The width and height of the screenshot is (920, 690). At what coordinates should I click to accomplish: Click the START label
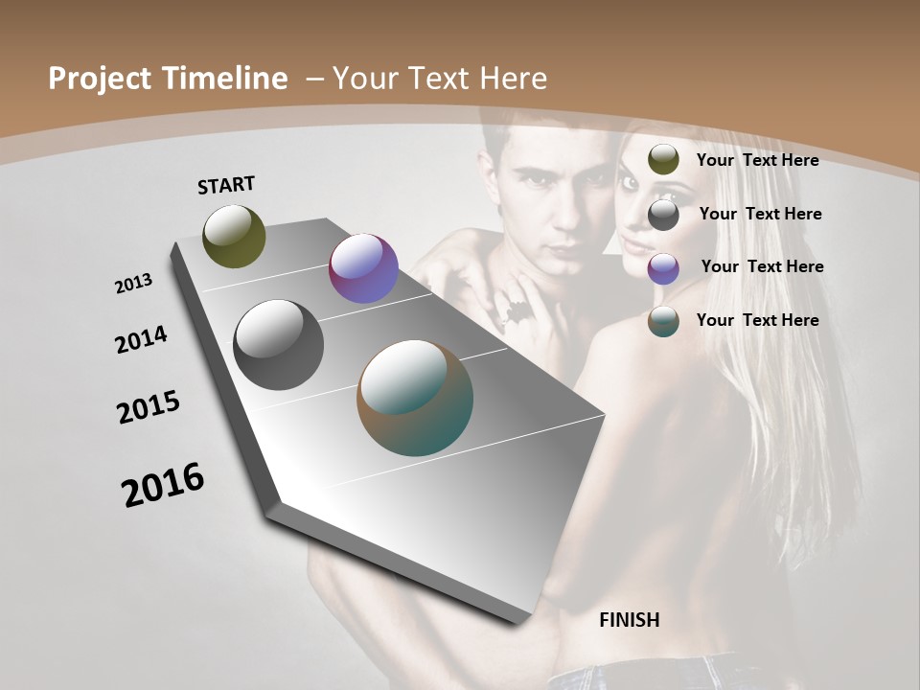click(226, 185)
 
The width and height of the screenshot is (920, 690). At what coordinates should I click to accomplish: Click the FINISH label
click(629, 620)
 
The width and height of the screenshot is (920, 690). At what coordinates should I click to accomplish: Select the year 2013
click(133, 284)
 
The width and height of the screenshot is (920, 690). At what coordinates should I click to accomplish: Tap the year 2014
click(141, 340)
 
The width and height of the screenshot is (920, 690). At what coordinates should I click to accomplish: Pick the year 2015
click(149, 407)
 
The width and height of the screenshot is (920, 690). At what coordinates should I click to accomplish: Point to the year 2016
click(163, 485)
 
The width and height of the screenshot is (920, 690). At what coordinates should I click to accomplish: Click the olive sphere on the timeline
click(234, 236)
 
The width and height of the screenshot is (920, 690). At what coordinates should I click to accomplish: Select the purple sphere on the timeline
click(363, 268)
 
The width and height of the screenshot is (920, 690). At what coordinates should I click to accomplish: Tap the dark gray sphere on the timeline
click(278, 345)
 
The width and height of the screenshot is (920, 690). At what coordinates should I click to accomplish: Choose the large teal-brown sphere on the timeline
click(415, 398)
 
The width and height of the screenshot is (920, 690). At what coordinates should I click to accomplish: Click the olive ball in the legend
click(663, 160)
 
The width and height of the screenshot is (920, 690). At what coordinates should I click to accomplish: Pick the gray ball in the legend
click(663, 215)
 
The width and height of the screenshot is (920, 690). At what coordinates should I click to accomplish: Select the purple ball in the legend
click(663, 268)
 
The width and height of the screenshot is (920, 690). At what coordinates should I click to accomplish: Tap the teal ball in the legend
click(663, 321)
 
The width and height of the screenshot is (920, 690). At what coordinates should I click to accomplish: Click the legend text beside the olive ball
click(757, 160)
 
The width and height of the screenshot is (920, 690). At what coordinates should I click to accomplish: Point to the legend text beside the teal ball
click(757, 320)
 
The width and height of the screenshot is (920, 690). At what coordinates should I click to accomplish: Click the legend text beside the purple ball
click(762, 266)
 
